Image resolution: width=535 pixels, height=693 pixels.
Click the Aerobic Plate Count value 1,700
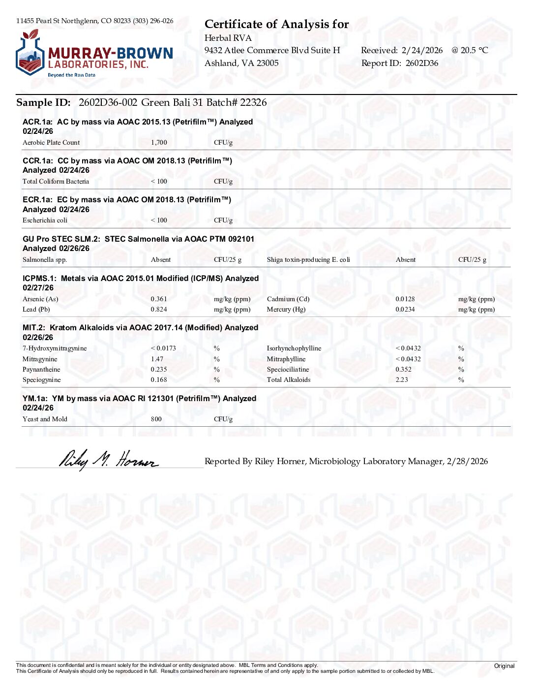pyautogui.click(x=159, y=143)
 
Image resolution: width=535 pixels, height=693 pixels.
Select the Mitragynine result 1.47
pyautogui.click(x=157, y=359)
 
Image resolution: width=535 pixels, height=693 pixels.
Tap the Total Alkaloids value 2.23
pyautogui.click(x=402, y=380)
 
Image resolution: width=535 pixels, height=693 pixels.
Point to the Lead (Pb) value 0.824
pyautogui.click(x=159, y=310)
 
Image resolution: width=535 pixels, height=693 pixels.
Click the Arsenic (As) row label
pyautogui.click(x=40, y=299)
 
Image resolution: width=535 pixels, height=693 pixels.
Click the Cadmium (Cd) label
pyautogui.click(x=288, y=299)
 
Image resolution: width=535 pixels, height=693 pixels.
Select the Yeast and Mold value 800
pyautogui.click(x=156, y=419)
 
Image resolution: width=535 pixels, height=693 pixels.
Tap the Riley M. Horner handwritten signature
pyautogui.click(x=109, y=460)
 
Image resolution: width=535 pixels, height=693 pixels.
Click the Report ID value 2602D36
pyautogui.click(x=422, y=63)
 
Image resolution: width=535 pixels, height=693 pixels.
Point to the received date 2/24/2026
pyautogui.click(x=422, y=50)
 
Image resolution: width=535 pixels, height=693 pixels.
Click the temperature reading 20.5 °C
pyautogui.click(x=474, y=50)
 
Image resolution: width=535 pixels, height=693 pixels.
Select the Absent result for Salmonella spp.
pyautogui.click(x=161, y=260)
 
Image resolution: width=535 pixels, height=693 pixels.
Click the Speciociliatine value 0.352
pyautogui.click(x=403, y=370)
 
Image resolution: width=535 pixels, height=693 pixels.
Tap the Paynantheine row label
pyautogui.click(x=41, y=370)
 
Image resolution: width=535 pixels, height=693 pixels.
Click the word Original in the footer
pyautogui.click(x=504, y=666)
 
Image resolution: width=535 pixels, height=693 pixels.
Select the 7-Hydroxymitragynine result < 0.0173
pyautogui.click(x=163, y=348)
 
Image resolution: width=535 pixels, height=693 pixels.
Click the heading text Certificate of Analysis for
pyautogui.click(x=276, y=24)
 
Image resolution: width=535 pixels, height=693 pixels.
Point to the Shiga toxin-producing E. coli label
pyautogui.click(x=308, y=260)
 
